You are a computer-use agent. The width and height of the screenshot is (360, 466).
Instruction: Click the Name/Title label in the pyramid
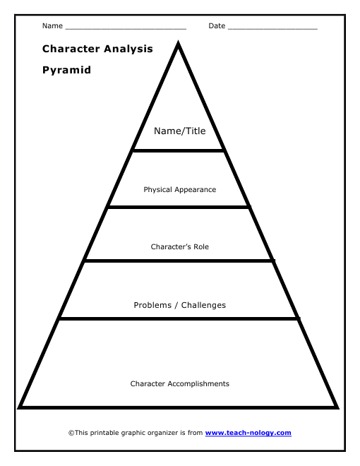(x=180, y=131)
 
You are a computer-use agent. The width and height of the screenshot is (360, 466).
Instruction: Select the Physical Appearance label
(x=180, y=190)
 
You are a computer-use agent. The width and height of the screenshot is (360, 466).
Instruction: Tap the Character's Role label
(x=180, y=246)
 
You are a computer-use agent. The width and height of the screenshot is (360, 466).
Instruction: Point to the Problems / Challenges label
(x=180, y=305)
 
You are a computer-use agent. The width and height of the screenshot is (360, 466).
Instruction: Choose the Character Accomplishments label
(x=180, y=383)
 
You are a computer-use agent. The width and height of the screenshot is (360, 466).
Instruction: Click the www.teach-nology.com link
(x=248, y=433)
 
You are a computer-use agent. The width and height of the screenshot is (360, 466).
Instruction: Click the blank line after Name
(x=126, y=29)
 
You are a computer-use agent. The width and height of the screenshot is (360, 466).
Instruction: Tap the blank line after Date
(x=272, y=29)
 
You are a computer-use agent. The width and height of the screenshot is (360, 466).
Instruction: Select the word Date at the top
(x=217, y=26)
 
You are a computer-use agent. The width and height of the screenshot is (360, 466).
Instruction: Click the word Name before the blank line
(x=52, y=26)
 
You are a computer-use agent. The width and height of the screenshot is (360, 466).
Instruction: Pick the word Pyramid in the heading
(x=66, y=70)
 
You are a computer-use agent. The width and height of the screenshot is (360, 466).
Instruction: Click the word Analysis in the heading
(x=128, y=49)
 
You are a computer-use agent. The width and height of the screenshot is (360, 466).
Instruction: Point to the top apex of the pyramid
(x=178, y=41)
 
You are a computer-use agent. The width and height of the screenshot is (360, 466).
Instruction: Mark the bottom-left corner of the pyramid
(x=18, y=408)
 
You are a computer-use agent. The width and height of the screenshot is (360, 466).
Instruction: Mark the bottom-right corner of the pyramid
(x=338, y=408)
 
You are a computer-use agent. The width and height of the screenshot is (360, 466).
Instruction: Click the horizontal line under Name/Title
(x=178, y=150)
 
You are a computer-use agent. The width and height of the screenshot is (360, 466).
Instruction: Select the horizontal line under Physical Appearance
(x=179, y=207)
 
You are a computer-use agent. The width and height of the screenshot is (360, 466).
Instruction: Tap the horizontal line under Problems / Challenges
(x=179, y=318)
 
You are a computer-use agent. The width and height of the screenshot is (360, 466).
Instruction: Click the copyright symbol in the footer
(x=71, y=433)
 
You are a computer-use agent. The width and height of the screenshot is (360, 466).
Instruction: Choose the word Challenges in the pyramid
(x=203, y=305)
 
